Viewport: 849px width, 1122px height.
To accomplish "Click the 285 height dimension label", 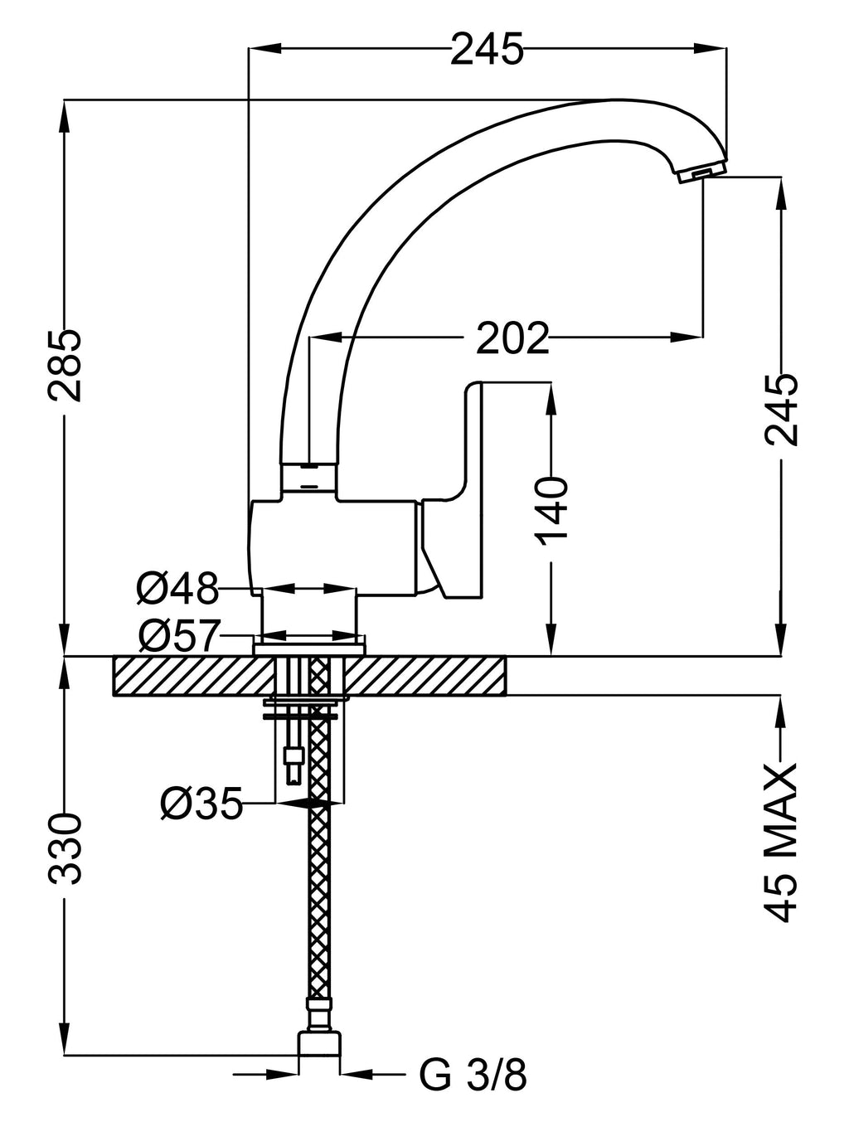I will coord(63,366).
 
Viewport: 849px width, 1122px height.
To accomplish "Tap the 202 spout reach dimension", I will coord(512,337).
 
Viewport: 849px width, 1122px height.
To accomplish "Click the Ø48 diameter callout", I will coord(177,589).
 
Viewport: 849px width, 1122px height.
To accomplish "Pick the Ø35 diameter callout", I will coord(201,803).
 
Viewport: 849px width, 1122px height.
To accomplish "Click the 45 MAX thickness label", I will coord(779,843).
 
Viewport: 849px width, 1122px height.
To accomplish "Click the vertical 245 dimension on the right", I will coord(780,410).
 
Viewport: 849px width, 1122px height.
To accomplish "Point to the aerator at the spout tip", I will coord(700,172).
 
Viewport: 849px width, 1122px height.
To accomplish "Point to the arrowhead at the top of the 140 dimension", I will coord(550,395).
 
